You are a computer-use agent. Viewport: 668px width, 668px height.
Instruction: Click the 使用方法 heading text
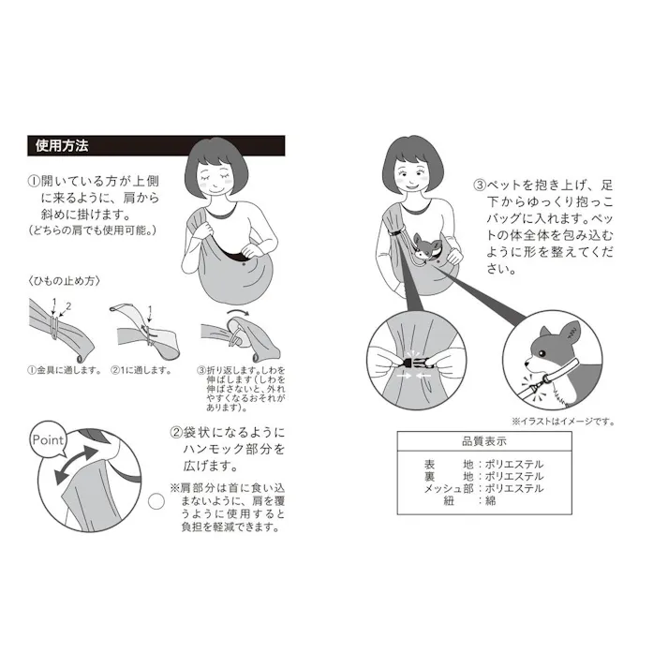61,146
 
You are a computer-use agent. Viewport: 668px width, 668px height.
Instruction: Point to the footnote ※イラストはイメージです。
562,422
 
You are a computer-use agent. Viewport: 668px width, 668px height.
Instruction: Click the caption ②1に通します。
141,370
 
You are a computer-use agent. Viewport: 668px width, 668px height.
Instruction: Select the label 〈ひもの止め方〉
64,280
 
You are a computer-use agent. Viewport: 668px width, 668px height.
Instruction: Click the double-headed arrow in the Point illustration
75,465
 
